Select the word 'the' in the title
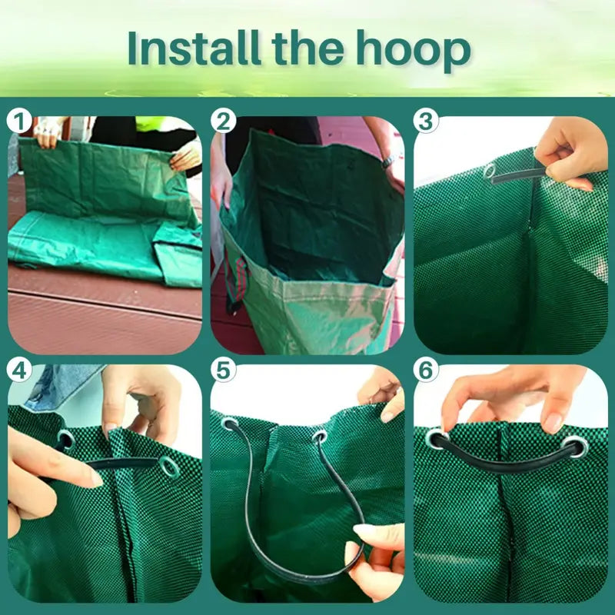click(x=308, y=48)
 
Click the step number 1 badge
click(x=19, y=121)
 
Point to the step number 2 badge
click(x=223, y=121)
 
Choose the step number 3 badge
click(x=426, y=121)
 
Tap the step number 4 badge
click(x=19, y=370)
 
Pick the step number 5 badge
click(x=223, y=370)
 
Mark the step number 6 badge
click(x=426, y=370)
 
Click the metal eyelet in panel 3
click(x=490, y=171)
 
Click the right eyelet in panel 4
click(x=169, y=468)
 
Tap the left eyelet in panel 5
click(x=229, y=424)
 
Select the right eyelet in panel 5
click(x=320, y=437)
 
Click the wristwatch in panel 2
click(x=389, y=161)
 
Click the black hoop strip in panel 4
click(x=121, y=464)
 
